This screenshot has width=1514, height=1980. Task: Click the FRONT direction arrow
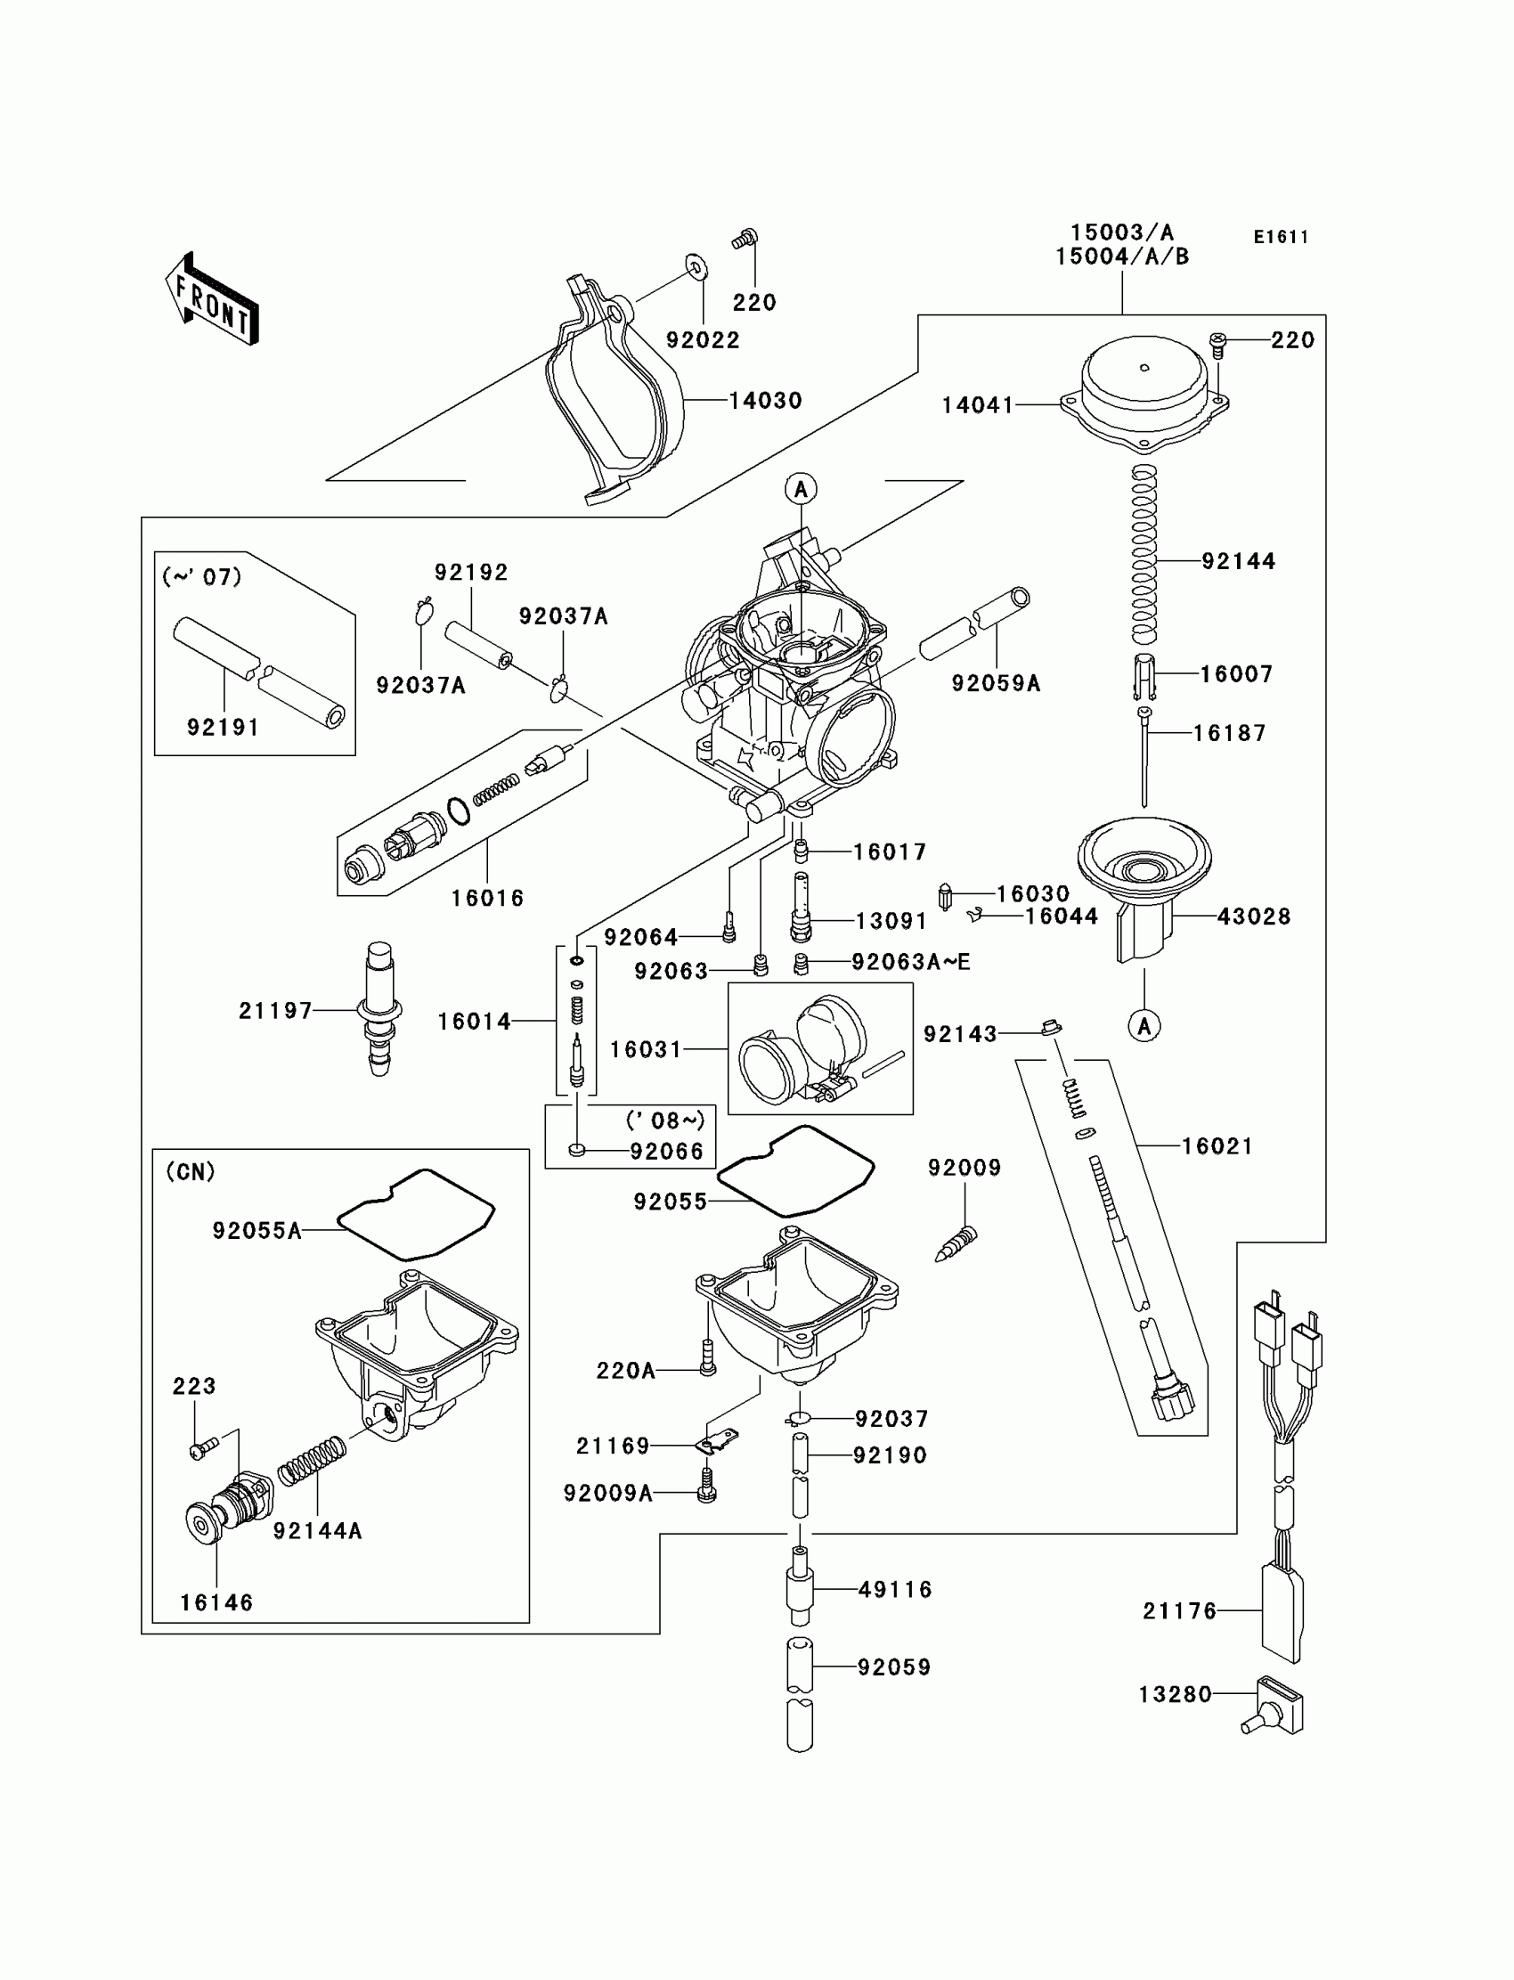(x=212, y=298)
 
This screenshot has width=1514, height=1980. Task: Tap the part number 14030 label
(x=765, y=400)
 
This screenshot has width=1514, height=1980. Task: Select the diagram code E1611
(x=1281, y=237)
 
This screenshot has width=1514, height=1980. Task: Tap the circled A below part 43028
(x=1144, y=1025)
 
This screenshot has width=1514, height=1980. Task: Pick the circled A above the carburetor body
(x=802, y=489)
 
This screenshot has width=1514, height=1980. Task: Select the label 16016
(x=487, y=898)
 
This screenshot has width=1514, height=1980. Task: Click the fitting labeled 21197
(x=380, y=1009)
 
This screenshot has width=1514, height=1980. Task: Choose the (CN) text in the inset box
(x=191, y=1171)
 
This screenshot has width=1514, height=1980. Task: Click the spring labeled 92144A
(x=312, y=1460)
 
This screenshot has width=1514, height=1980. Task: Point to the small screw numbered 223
(x=203, y=1448)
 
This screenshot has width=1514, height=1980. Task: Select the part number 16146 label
(x=216, y=1602)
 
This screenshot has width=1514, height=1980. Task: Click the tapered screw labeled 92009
(x=956, y=1244)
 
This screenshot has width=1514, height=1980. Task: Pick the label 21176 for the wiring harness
(x=1180, y=1610)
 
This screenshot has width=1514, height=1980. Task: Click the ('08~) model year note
(x=665, y=1120)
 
